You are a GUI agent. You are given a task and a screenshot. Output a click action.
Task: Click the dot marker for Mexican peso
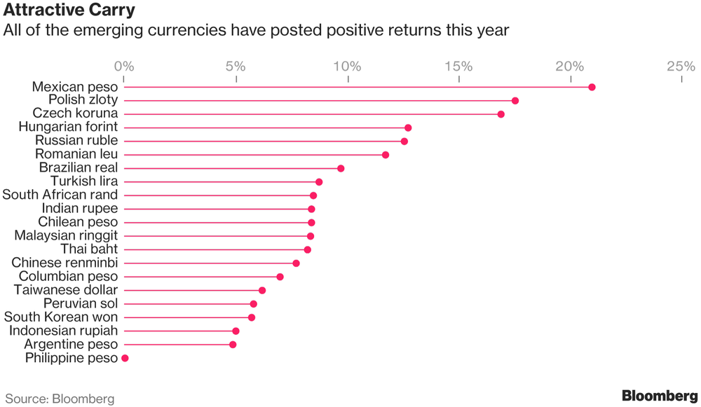(x=592, y=87)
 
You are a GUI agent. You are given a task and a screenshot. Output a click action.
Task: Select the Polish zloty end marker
(x=515, y=101)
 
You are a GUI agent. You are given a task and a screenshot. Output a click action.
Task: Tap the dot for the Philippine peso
(x=125, y=358)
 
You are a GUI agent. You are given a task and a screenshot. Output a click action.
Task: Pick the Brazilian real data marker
(x=341, y=168)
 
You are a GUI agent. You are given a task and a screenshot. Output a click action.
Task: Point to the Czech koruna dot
(x=501, y=114)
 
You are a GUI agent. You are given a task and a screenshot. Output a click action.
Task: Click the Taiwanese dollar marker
(x=262, y=290)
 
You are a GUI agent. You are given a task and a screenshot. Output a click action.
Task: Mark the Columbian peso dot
(x=280, y=277)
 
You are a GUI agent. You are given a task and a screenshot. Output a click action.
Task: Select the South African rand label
(x=60, y=195)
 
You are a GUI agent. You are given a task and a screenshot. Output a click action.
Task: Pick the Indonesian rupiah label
(x=64, y=331)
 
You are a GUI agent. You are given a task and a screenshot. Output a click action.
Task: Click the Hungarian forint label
(x=68, y=127)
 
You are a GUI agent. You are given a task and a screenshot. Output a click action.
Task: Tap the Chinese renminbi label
(x=64, y=263)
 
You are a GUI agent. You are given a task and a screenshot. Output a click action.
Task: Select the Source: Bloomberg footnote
(x=60, y=399)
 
